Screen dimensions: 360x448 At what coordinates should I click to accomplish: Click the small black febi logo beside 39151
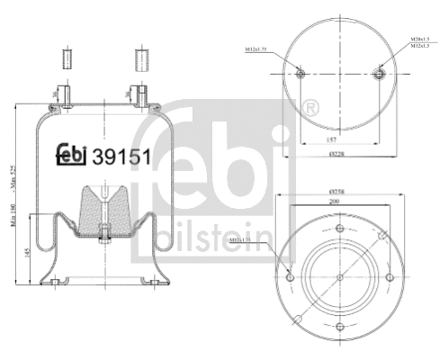point(71,154)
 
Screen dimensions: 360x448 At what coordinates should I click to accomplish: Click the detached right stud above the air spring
point(140,59)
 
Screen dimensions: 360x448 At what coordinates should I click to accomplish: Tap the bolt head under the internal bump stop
point(104,238)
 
